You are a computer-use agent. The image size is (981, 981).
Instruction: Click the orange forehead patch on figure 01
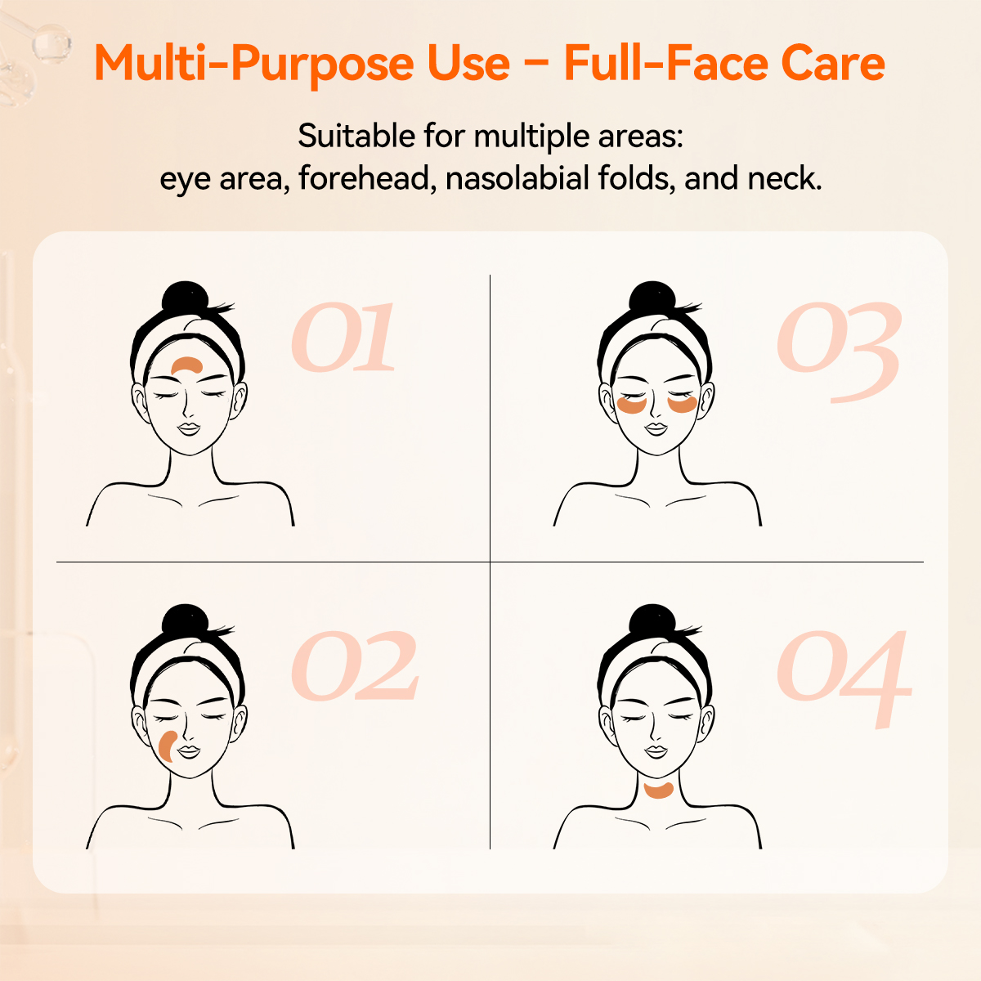[188, 365]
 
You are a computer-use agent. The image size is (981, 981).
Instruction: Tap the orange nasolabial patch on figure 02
[167, 746]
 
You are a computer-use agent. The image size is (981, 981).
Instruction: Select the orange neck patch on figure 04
[657, 790]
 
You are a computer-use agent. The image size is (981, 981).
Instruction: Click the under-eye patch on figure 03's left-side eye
[632, 404]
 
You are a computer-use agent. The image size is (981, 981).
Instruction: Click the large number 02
[355, 667]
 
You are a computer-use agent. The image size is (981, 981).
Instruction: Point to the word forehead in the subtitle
[365, 178]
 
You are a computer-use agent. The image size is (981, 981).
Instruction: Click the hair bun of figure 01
[187, 298]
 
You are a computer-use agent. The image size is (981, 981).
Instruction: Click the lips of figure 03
[656, 428]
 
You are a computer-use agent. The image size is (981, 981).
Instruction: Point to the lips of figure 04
[656, 750]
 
